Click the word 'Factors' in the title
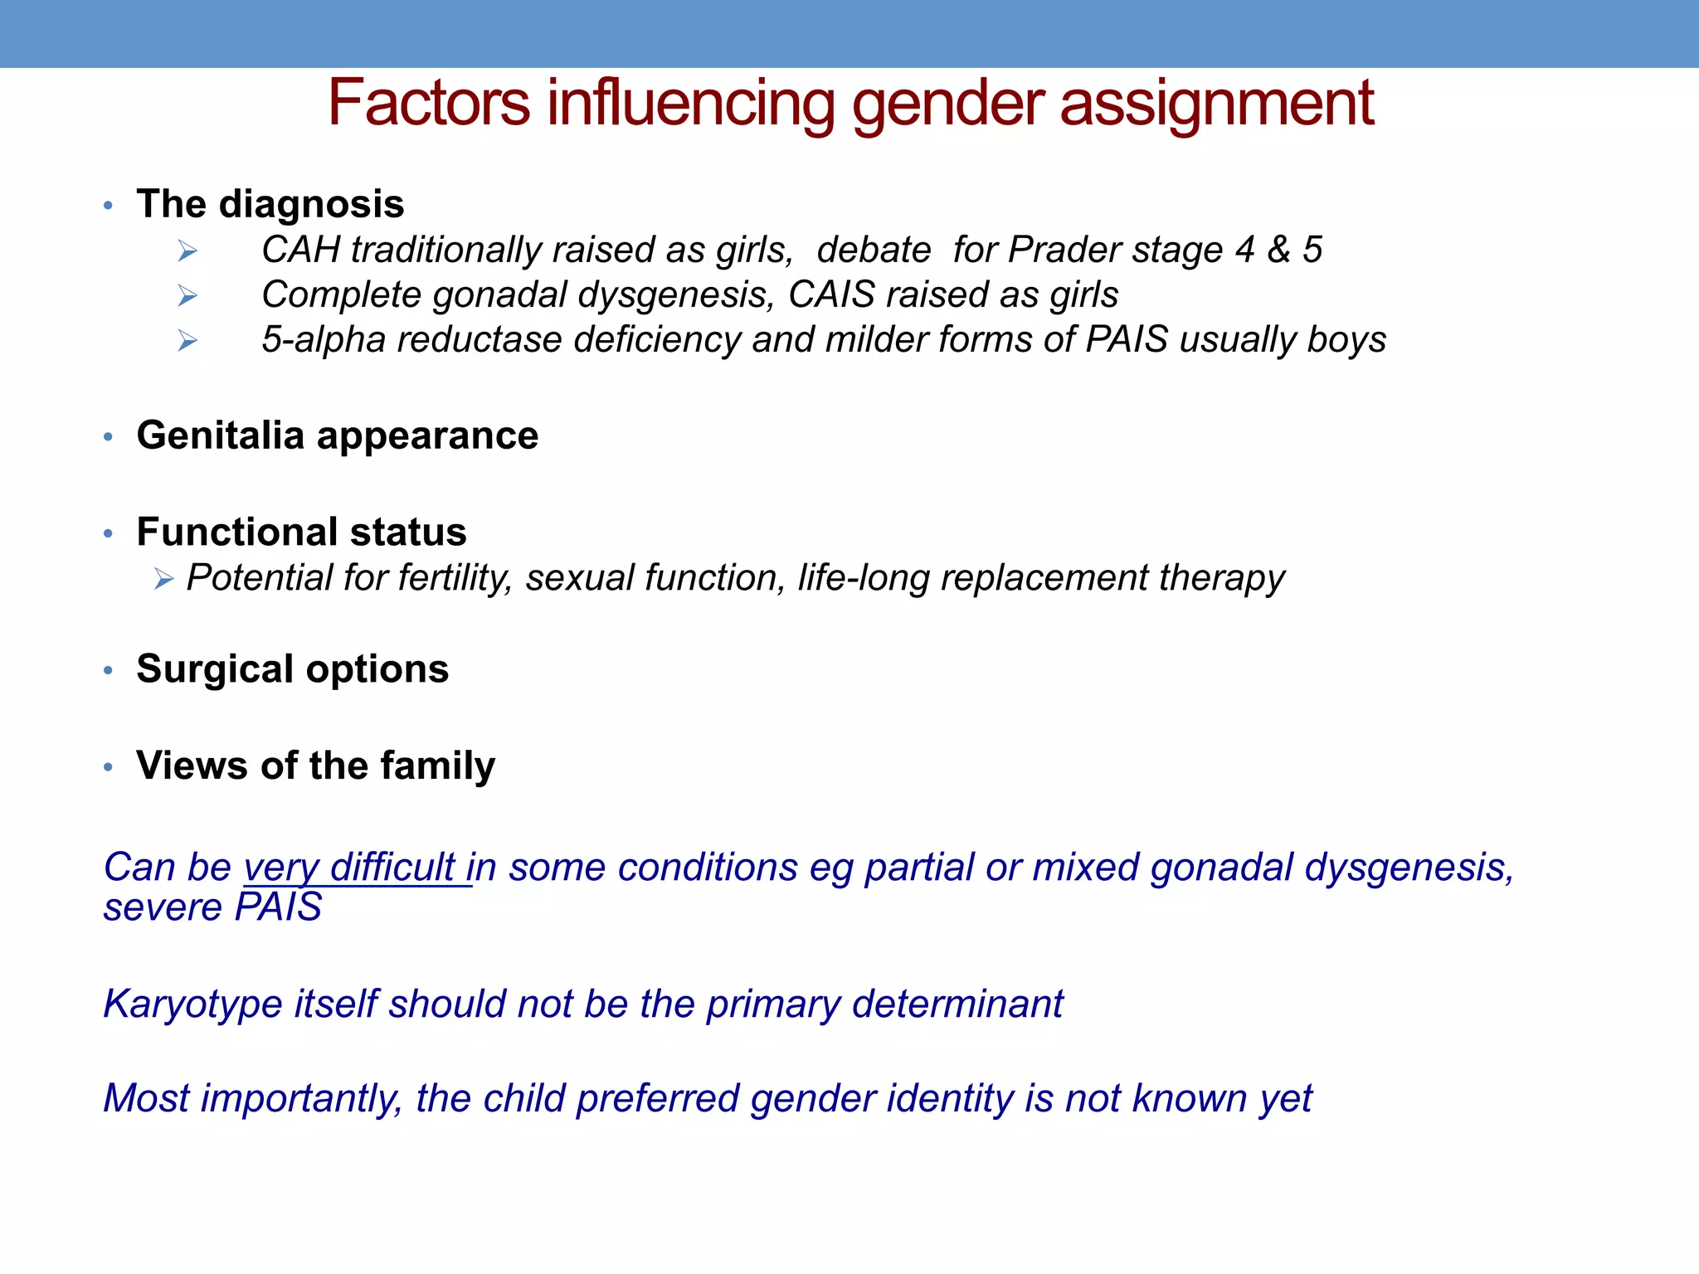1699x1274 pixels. [428, 103]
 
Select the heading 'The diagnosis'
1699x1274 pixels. [270, 204]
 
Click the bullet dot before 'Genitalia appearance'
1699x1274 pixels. [108, 436]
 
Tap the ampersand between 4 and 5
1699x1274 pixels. [1278, 250]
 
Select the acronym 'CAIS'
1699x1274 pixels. [831, 294]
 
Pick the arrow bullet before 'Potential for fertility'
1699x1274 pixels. [163, 579]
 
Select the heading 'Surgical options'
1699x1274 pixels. [292, 669]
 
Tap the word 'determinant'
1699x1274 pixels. [957, 1004]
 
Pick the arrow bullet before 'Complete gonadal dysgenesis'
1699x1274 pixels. [187, 295]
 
